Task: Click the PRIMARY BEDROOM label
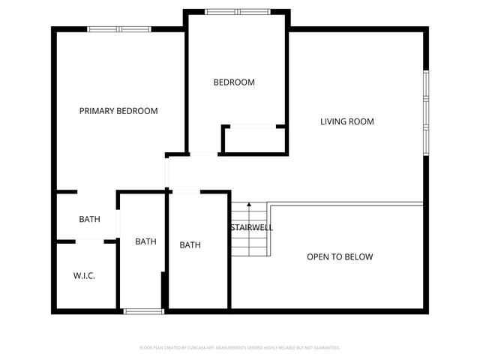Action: coord(118,111)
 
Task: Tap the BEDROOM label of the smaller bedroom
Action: coord(234,82)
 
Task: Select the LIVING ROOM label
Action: coord(346,121)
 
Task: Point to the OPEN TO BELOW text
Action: coord(340,257)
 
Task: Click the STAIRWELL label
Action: coord(251,227)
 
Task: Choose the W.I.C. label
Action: coord(84,276)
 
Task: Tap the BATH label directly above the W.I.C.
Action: coord(90,220)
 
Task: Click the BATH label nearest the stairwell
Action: coord(190,245)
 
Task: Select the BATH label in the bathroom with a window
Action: coord(145,241)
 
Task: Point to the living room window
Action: coord(425,112)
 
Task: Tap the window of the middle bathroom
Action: coord(142,310)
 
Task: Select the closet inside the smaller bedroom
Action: coord(253,140)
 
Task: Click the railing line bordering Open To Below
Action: coord(345,202)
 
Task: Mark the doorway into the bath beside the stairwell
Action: coord(185,192)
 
